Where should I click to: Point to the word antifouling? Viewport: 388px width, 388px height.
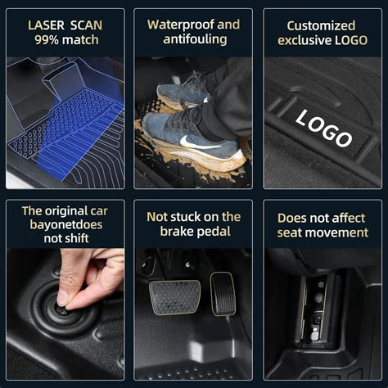pyautogui.click(x=193, y=40)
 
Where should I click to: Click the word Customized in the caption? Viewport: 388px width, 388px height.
pyautogui.click(x=322, y=25)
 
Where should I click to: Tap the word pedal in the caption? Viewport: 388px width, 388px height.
pyautogui.click(x=215, y=232)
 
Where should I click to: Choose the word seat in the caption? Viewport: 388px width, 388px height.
pyautogui.click(x=295, y=232)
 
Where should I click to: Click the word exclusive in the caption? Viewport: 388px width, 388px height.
pyautogui.click(x=306, y=40)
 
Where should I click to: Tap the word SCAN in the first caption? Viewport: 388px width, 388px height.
pyautogui.click(x=87, y=25)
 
